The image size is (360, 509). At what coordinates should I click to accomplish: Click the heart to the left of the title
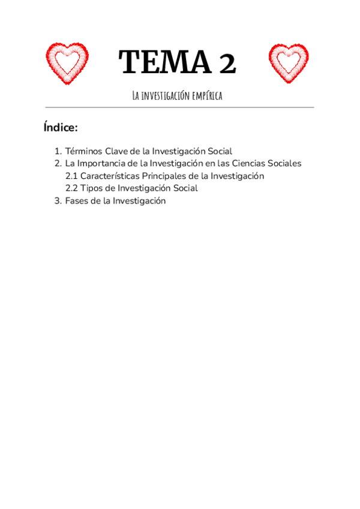[x=67, y=62]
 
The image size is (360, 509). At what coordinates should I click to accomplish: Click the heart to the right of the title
[x=289, y=62]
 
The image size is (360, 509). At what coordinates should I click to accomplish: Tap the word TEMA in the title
[x=158, y=62]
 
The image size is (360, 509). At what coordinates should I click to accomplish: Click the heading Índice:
[x=61, y=127]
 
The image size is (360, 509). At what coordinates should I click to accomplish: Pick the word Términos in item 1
[x=84, y=151]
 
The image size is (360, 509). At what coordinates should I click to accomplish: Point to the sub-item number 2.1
[x=71, y=176]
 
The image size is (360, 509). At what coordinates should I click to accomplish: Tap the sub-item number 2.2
[x=71, y=188]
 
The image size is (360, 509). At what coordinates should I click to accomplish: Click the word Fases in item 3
[x=76, y=201]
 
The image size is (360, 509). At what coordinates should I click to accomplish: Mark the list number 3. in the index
[x=58, y=201]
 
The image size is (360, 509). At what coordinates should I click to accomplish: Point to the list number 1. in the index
[x=58, y=151]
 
